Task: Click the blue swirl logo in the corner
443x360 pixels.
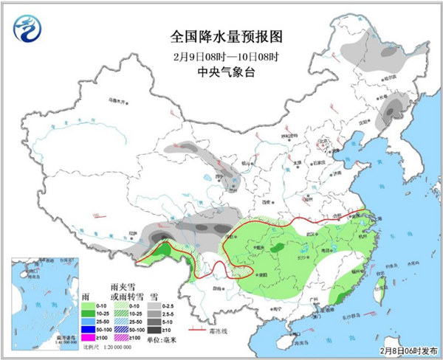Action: [x=27, y=28]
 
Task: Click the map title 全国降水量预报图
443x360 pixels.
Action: [x=221, y=36]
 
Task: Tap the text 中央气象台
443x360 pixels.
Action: [x=221, y=72]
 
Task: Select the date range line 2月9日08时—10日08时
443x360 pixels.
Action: [x=221, y=55]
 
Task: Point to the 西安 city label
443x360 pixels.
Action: [x=263, y=200]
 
